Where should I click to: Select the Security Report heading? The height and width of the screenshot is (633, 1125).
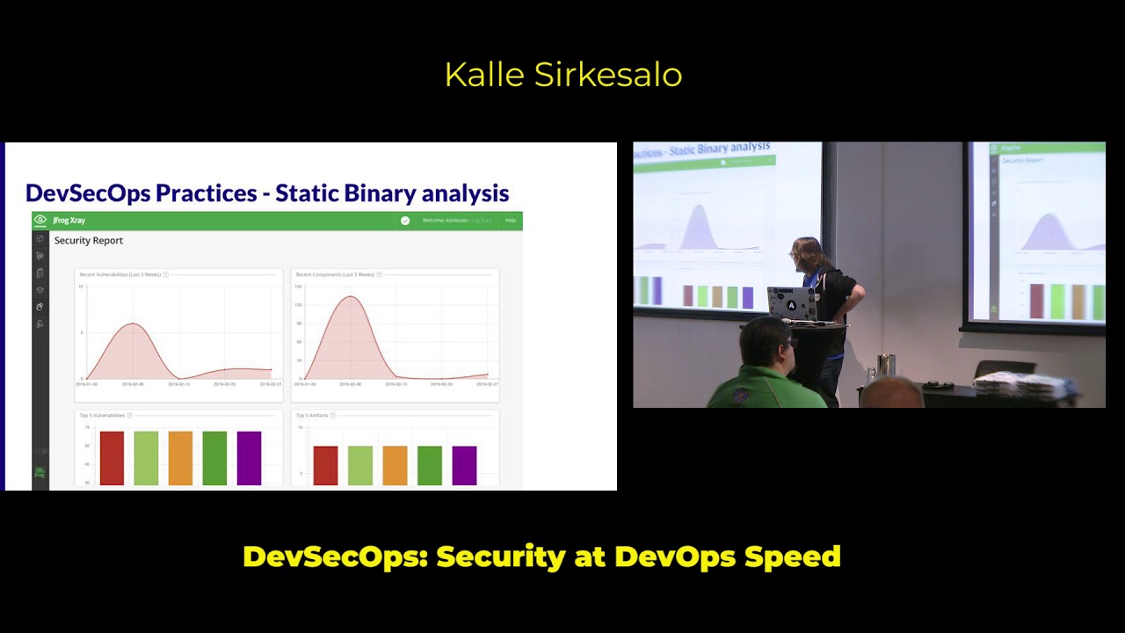[x=89, y=241]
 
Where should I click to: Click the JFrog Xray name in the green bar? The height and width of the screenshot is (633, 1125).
[x=69, y=221]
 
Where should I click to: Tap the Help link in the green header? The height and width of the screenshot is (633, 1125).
[x=511, y=221]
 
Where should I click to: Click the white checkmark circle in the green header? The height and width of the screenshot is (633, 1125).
[x=405, y=221]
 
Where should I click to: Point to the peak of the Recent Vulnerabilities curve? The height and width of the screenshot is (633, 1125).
[x=133, y=324]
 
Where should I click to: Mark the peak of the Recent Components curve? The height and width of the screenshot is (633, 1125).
[x=350, y=296]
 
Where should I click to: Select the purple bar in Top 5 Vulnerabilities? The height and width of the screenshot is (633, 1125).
[x=249, y=458]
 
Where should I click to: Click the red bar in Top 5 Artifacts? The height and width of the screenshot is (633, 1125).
[x=325, y=466]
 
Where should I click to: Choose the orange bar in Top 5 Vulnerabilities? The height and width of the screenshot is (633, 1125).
[x=180, y=458]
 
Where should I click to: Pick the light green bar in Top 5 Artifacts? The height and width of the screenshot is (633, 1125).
[x=360, y=466]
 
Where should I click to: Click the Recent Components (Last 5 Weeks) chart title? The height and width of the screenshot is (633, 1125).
[x=335, y=275]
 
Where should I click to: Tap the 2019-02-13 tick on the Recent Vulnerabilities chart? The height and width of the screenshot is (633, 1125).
[x=178, y=384]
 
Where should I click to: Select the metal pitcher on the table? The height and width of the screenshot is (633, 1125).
[x=886, y=364]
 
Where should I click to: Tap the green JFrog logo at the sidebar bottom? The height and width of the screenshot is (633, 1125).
[x=40, y=473]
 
